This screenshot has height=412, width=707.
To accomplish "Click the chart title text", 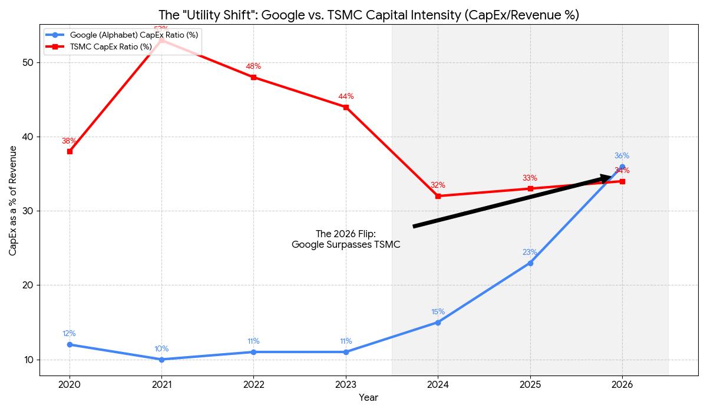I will pyautogui.click(x=368, y=15).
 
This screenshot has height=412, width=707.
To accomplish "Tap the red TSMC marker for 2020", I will pyautogui.click(x=70, y=151).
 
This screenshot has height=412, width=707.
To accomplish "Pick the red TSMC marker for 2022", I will pyautogui.click(x=253, y=77).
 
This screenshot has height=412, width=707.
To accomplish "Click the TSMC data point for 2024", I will pyautogui.click(x=438, y=196).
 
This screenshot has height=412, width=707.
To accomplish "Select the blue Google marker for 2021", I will pyautogui.click(x=161, y=359).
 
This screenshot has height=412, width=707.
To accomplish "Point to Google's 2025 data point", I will pyautogui.click(x=530, y=263).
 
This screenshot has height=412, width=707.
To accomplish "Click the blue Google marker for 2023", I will pyautogui.click(x=346, y=352).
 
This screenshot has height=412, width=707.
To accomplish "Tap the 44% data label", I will pyautogui.click(x=346, y=97).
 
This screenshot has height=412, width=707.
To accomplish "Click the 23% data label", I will pyautogui.click(x=530, y=252).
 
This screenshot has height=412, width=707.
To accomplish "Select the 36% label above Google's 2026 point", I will pyautogui.click(x=622, y=156).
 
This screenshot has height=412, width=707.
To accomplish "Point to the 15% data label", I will pyautogui.click(x=438, y=312).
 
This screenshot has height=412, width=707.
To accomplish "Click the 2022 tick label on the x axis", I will pyautogui.click(x=253, y=384).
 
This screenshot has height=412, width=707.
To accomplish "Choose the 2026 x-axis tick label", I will pyautogui.click(x=622, y=384).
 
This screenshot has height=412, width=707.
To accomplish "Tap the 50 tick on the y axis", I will pyautogui.click(x=28, y=62).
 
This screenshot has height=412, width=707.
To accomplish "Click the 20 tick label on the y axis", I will pyautogui.click(x=28, y=285).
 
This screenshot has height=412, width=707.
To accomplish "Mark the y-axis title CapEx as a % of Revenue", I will pyautogui.click(x=13, y=201).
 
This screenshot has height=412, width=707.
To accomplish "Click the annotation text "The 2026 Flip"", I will pyautogui.click(x=345, y=234).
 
